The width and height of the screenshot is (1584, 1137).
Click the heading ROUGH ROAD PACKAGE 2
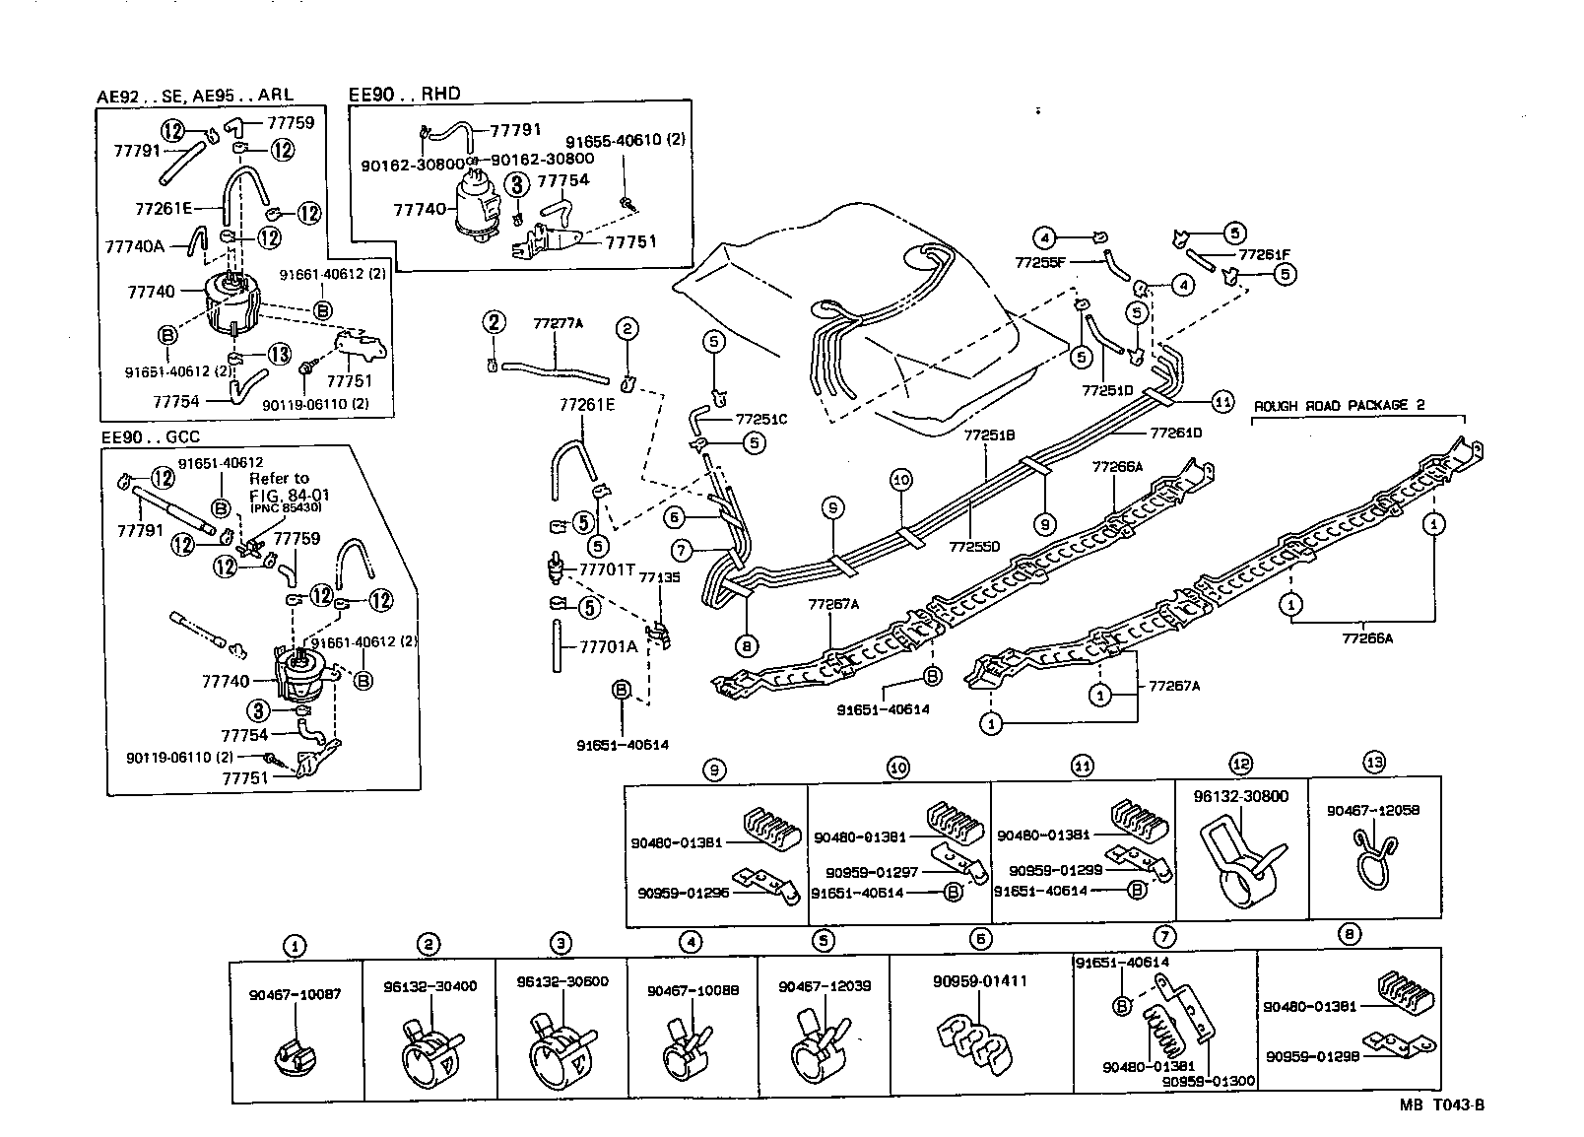1339,405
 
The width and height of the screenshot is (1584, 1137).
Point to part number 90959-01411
979,980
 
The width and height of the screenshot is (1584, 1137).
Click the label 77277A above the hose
558,323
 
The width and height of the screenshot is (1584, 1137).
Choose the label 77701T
607,568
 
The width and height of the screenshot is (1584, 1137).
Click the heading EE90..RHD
405,95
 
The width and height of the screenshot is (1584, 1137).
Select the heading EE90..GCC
151,436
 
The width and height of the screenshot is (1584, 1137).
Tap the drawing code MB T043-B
1442,1104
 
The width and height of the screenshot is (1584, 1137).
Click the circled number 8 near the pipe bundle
746,646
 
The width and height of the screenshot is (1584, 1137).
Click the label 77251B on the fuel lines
988,434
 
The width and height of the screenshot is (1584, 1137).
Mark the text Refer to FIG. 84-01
279,486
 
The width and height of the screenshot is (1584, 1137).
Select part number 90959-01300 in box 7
1208,1081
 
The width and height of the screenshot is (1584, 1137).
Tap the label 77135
659,578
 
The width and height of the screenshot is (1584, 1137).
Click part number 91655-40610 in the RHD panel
625,139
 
